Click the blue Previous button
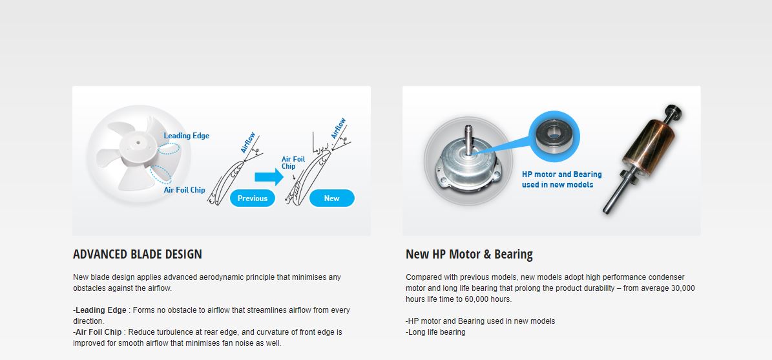tap(252, 198)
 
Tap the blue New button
tap(332, 198)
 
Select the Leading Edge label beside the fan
tap(187, 136)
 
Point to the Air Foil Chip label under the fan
tap(185, 190)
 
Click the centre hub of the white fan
tap(138, 143)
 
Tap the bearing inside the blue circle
tap(554, 135)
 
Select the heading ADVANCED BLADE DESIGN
tap(138, 254)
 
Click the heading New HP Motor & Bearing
tap(469, 254)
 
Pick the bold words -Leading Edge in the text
tap(100, 310)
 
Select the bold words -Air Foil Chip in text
tap(98, 332)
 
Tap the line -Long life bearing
tap(435, 332)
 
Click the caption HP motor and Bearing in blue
tap(562, 175)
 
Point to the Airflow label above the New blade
tap(339, 129)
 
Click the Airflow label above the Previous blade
tap(247, 142)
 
